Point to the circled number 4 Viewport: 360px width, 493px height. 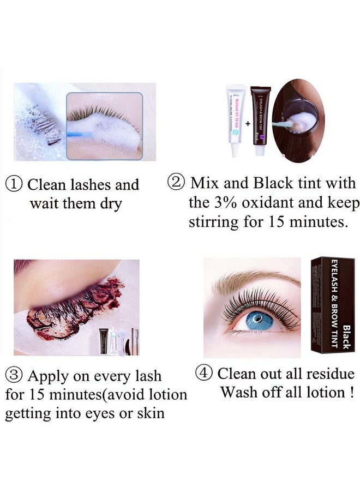click(x=204, y=374)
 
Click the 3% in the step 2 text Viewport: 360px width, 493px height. click(x=219, y=203)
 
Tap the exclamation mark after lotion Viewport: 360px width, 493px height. click(x=342, y=393)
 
